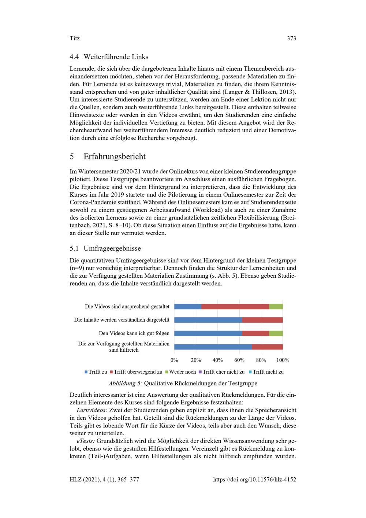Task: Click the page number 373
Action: pos(291,38)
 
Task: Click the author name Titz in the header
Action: pos(74,38)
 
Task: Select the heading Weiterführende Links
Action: pos(116,57)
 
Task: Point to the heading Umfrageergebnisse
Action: pos(112,248)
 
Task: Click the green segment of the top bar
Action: pos(276,306)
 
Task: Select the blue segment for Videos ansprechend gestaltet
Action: pos(188,306)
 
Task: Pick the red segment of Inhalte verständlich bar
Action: pos(262,320)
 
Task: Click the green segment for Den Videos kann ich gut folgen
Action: pos(276,333)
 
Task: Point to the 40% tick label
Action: pos(217,360)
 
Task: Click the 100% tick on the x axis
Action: pos(283,360)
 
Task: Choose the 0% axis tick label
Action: pos(174,360)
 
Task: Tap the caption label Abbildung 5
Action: pos(125,384)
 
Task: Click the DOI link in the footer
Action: pos(254,480)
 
